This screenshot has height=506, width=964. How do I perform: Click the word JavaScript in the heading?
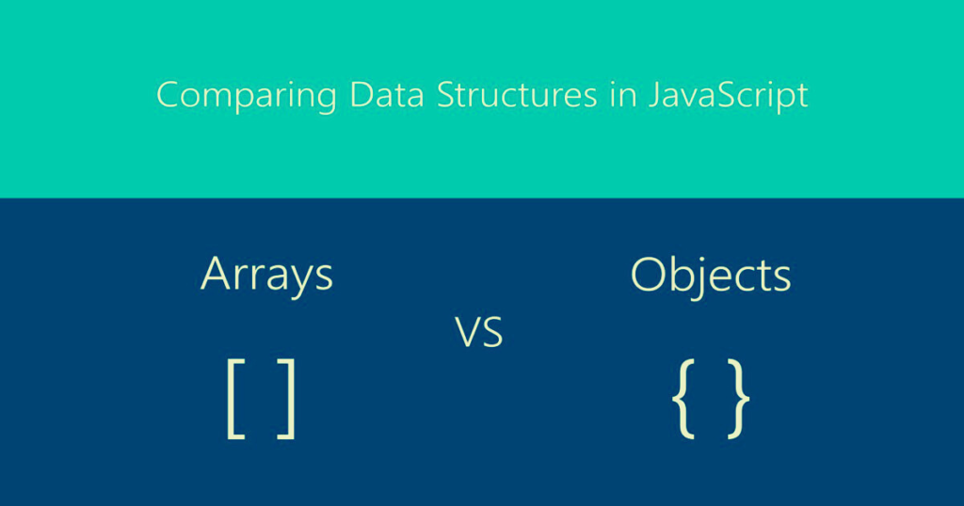coord(728,96)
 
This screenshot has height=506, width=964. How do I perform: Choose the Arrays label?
coord(267,275)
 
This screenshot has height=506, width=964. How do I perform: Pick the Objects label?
coord(711,276)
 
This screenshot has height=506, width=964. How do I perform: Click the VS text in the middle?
coord(479,334)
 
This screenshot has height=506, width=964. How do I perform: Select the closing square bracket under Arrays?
coord(287,399)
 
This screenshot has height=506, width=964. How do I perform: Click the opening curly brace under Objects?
coord(684,399)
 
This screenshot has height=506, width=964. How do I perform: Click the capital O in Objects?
coord(650,274)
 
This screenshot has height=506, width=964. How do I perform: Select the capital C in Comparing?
coord(167,94)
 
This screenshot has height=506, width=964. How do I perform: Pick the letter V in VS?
coord(468,334)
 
